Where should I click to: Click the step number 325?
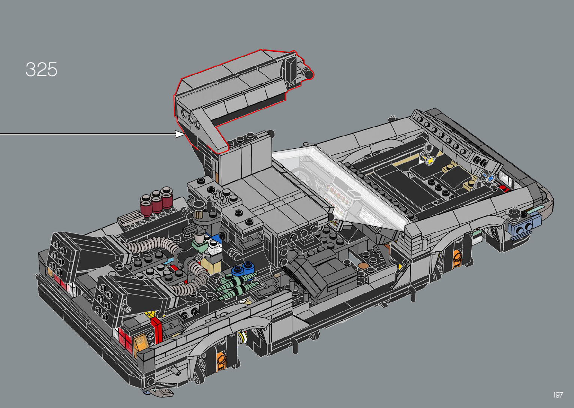coord(41,69)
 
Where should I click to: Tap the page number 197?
coord(558,395)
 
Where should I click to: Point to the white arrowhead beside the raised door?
coord(179,134)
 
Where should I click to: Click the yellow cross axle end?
coord(431,161)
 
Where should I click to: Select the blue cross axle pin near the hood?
coord(491,178)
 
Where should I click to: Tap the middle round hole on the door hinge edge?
coord(190,119)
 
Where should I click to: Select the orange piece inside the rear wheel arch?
coord(221,362)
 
